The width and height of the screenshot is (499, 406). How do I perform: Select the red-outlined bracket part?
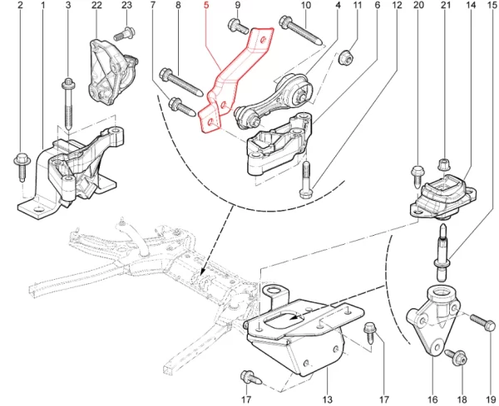click(x=236, y=75)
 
